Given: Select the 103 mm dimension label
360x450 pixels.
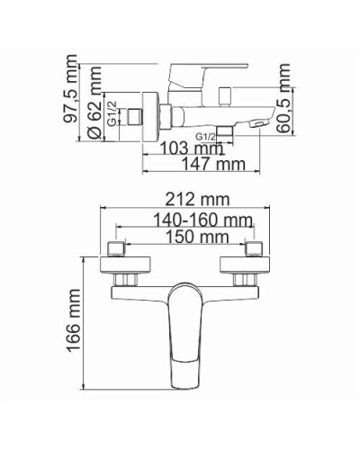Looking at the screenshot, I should tap(191, 148).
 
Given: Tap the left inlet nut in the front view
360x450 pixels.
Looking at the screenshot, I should tap(119, 249).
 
